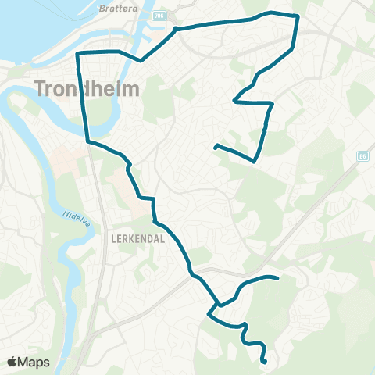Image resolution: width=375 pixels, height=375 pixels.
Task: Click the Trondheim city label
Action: tap(87, 88)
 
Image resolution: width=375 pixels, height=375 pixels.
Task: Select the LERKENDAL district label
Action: tap(137, 240)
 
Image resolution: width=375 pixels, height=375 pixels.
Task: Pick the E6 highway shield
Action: tap(361, 156)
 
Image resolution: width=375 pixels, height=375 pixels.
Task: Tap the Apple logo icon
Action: tap(12, 362)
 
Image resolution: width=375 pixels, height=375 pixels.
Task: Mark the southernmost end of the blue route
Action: tap(266, 362)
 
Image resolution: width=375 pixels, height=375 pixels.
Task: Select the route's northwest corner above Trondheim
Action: tap(77, 52)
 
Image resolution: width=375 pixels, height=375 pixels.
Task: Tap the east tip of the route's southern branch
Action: tap(278, 278)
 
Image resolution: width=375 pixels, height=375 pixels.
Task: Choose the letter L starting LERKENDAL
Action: tap(114, 240)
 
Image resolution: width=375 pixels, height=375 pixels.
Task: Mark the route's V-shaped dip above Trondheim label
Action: tap(140, 60)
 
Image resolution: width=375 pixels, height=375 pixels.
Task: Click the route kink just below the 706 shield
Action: tap(176, 29)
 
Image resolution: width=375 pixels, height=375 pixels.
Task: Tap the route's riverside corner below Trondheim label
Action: tap(87, 141)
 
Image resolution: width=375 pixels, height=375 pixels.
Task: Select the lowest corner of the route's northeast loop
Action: tap(255, 162)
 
